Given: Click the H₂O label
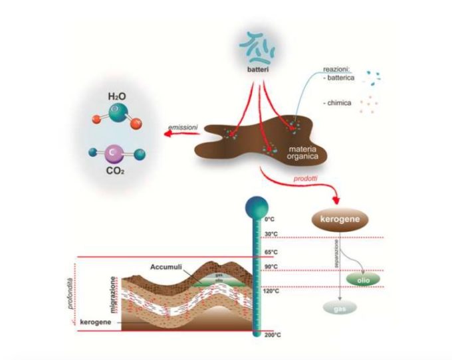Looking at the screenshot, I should click(118, 96).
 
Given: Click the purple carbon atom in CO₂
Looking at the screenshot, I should click(114, 153).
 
